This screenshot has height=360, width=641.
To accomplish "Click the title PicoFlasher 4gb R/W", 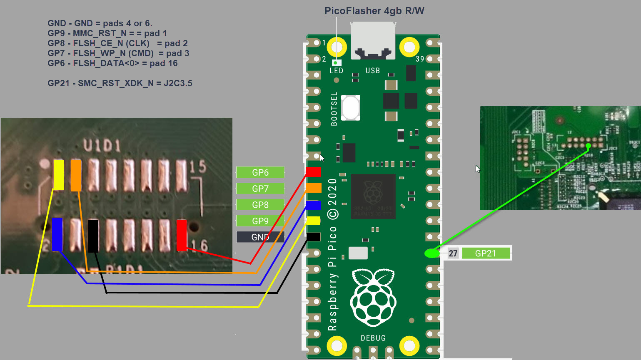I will point(374,11).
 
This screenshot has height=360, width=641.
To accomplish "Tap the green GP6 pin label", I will point(260,172).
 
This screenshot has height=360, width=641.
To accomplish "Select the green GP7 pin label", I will point(260,189).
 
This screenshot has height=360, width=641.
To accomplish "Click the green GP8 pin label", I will point(260,205).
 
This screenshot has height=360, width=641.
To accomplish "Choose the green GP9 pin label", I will point(260,221).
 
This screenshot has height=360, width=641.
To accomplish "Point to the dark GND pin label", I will point(260,237).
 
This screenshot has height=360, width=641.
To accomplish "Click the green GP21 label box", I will point(486,253).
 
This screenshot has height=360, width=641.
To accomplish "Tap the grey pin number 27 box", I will point(453,253).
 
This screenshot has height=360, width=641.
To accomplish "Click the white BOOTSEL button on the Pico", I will point(351,107).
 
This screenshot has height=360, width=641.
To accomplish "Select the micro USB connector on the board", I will point(373,41).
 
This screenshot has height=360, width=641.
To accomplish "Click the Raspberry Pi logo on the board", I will point(373,297).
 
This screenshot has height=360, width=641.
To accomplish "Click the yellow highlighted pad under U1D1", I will point(59,175).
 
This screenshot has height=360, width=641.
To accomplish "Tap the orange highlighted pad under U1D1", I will point(76,175).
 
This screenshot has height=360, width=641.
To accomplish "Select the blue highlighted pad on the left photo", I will point(57,234).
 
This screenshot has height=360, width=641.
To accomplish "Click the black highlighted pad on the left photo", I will point(93,236).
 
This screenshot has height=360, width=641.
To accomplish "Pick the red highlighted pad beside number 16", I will point(182,235).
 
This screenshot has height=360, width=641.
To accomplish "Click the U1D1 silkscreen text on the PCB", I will point(102,145).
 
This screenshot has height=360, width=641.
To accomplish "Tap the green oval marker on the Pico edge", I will point(432,253).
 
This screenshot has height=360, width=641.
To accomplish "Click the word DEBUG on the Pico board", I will point(373,338).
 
